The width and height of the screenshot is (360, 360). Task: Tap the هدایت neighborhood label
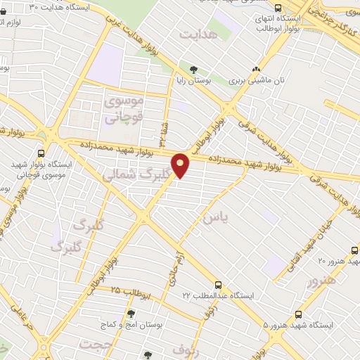point(196,34)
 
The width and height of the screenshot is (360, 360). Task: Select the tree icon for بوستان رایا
point(193,70)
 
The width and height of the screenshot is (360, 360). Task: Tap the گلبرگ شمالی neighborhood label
point(137,174)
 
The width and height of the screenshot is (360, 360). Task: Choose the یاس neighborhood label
point(215,218)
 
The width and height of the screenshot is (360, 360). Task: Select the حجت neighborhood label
point(96,345)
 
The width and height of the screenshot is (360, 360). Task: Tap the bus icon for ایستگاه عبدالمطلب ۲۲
point(219,285)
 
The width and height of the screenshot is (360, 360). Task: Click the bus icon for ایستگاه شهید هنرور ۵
point(299,314)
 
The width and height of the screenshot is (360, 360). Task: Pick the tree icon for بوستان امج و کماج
point(131,314)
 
